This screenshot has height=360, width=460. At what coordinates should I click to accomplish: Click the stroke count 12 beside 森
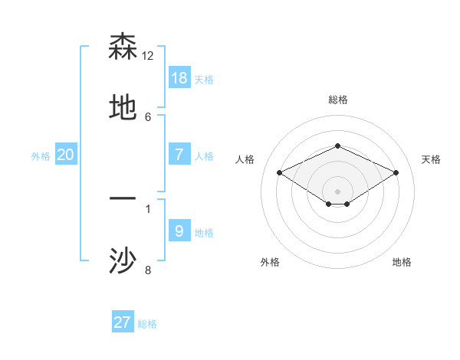pyautogui.click(x=148, y=55)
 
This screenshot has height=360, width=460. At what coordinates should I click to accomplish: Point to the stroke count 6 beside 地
pyautogui.click(x=148, y=116)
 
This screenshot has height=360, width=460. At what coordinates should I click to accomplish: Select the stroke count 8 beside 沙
pyautogui.click(x=148, y=270)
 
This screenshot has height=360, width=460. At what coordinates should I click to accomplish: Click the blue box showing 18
pyautogui.click(x=179, y=78)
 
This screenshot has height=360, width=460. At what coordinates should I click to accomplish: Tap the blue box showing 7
pyautogui.click(x=179, y=155)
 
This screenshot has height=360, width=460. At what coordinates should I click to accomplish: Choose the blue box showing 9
pyautogui.click(x=179, y=231)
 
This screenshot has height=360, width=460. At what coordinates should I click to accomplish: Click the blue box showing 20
pyautogui.click(x=66, y=155)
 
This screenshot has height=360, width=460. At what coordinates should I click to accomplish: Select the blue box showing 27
pyautogui.click(x=123, y=322)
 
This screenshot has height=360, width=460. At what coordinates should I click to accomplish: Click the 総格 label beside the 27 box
pyautogui.click(x=147, y=324)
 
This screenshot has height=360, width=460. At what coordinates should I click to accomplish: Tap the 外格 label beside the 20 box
pyautogui.click(x=41, y=156)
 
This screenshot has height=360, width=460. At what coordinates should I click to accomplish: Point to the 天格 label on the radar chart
pyautogui.click(x=431, y=159)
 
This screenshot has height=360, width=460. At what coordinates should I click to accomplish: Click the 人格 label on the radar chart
pyautogui.click(x=245, y=159)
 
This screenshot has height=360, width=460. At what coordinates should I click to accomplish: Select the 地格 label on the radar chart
pyautogui.click(x=402, y=262)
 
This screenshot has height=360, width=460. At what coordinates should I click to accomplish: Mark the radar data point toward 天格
pyautogui.click(x=396, y=172)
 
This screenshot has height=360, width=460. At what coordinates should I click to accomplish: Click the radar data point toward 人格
pyautogui.click(x=280, y=172)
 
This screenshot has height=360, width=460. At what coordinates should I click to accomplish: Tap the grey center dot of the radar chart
pyautogui.click(x=338, y=191)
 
